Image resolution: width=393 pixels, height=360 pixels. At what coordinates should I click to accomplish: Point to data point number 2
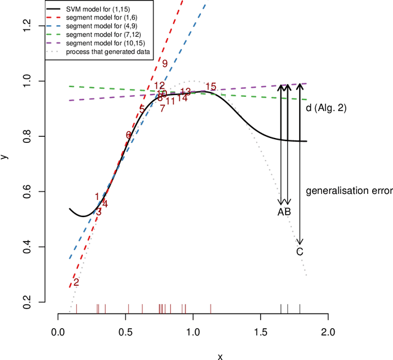76,283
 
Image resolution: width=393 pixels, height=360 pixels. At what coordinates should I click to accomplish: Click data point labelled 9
165,64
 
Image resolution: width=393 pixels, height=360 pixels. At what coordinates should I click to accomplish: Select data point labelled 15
211,86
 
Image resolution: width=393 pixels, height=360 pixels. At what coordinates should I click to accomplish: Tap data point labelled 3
99,211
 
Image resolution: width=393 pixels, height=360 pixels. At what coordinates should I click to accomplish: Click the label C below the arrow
300,251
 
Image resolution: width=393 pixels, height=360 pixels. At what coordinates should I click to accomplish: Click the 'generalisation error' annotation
349,191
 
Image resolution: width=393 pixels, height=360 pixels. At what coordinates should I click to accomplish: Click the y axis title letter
6,156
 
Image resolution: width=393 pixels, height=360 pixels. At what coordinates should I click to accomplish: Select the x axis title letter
219,355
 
